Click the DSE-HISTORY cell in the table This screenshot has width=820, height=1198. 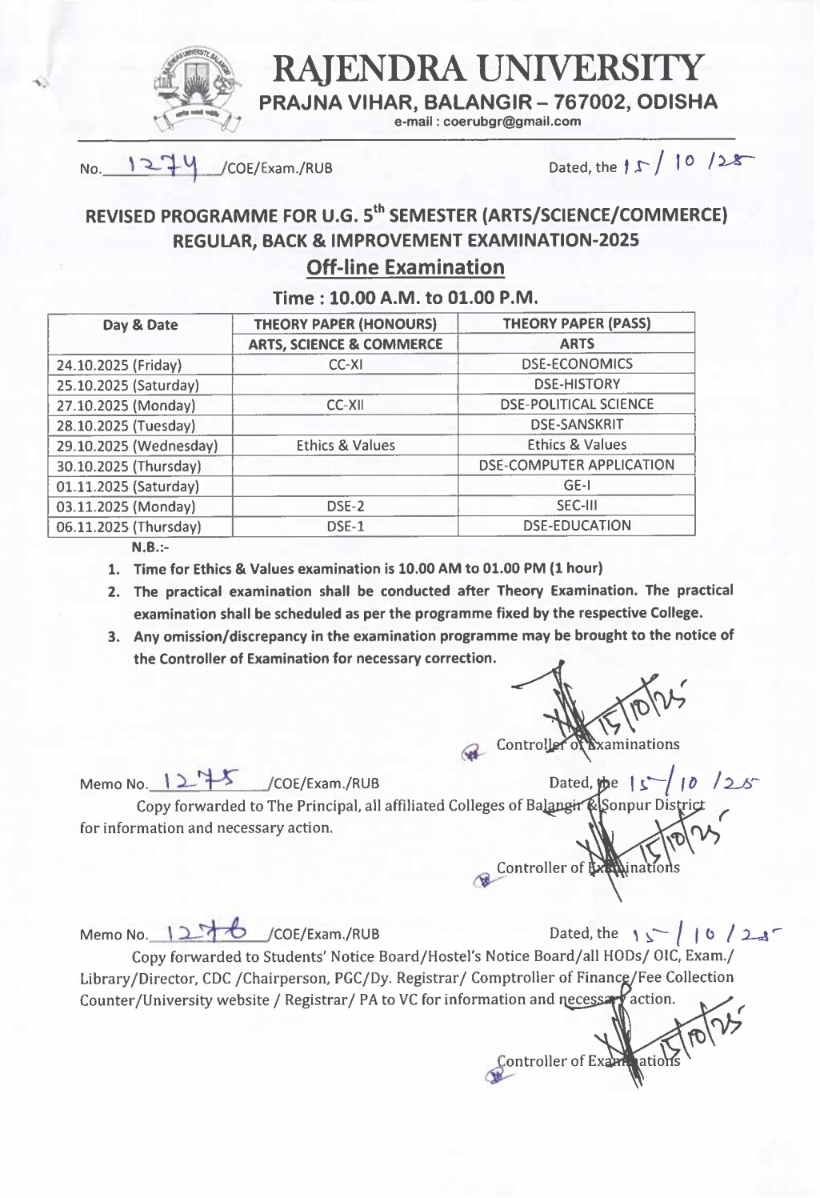pyautogui.click(x=576, y=384)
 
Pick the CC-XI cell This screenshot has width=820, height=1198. pyautogui.click(x=346, y=364)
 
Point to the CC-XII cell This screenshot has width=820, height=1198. pyautogui.click(x=346, y=405)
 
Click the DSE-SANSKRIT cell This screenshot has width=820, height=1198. pyautogui.click(x=576, y=425)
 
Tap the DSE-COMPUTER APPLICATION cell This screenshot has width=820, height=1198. pyautogui.click(x=576, y=465)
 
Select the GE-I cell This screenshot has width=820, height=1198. pyautogui.click(x=576, y=486)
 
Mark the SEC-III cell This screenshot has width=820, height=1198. pyautogui.click(x=576, y=506)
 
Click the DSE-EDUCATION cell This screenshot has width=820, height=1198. pyautogui.click(x=576, y=526)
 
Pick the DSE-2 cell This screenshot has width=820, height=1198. pyautogui.click(x=346, y=507)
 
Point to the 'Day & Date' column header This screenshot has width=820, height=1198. pyautogui.click(x=140, y=325)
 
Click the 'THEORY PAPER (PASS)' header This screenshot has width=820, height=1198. pyautogui.click(x=576, y=323)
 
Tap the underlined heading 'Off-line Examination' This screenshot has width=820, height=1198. pyautogui.click(x=406, y=267)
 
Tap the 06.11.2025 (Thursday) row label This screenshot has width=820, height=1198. pyautogui.click(x=128, y=527)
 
